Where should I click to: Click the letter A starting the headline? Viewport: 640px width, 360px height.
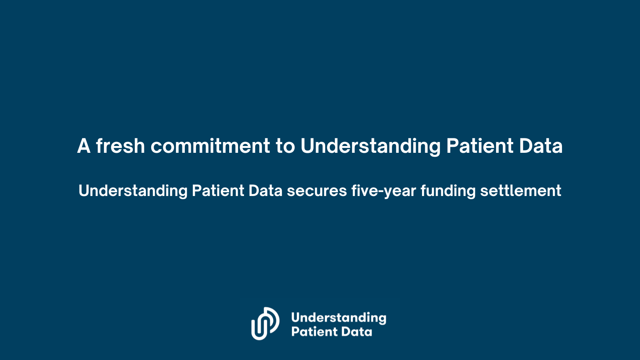[84, 146]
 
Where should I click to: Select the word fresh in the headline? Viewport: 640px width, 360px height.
[120, 146]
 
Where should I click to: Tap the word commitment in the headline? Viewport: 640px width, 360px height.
[210, 146]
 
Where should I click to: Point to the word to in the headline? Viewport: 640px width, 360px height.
[285, 146]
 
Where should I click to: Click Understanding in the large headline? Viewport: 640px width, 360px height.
[370, 146]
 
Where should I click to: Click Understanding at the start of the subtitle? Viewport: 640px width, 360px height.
[133, 191]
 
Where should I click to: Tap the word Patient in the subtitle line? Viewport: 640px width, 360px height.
[218, 191]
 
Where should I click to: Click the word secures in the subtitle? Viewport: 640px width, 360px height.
[317, 191]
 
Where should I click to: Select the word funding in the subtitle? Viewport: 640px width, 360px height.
[448, 191]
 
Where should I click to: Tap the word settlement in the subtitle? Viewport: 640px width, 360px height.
[520, 191]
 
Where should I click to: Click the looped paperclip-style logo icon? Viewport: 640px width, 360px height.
[265, 324]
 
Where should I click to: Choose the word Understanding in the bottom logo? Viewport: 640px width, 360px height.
[338, 318]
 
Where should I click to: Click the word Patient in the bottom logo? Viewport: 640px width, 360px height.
[314, 332]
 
